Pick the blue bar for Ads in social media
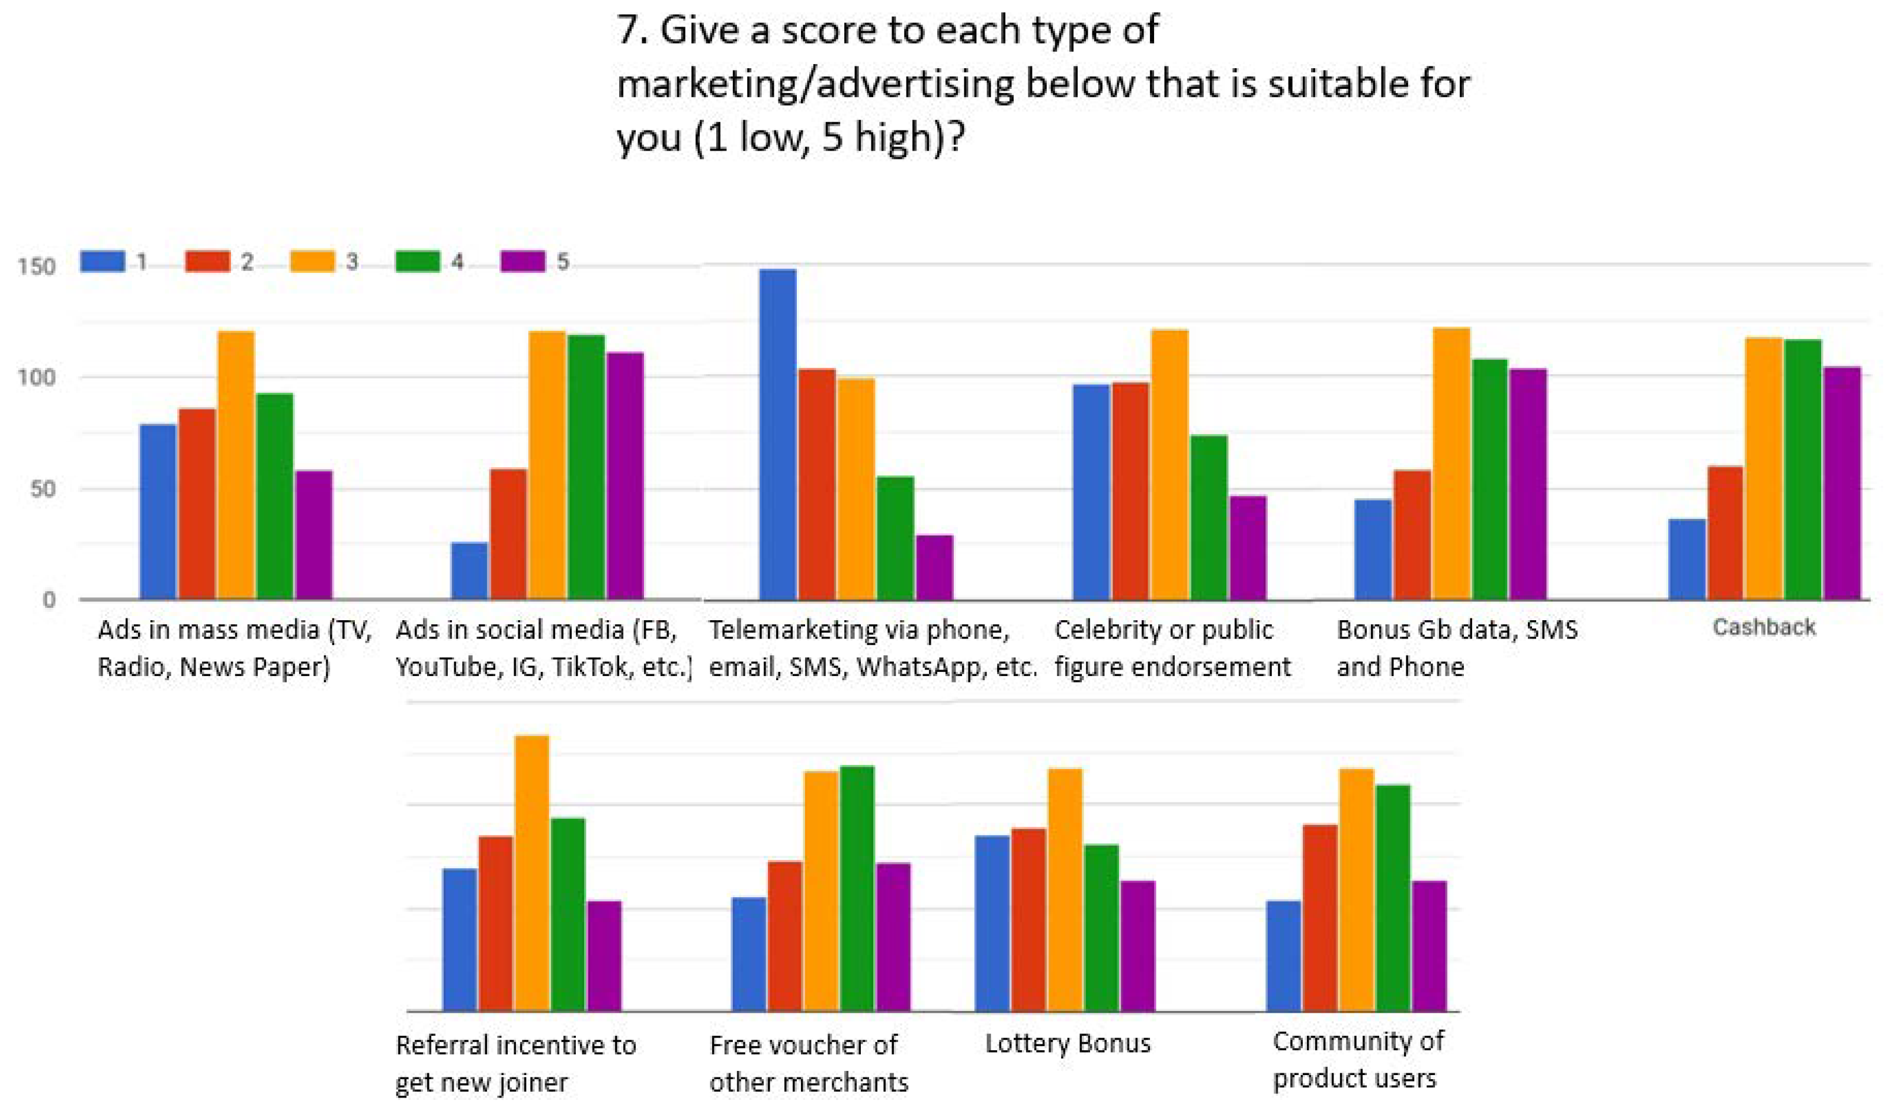click(469, 571)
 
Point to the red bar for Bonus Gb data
click(1412, 535)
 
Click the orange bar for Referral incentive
click(531, 872)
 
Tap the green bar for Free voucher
click(857, 888)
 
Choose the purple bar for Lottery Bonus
click(1137, 945)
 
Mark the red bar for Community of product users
click(1320, 917)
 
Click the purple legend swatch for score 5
click(523, 261)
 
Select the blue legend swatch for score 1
click(102, 261)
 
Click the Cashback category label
click(1763, 627)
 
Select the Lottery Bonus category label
click(1067, 1043)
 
